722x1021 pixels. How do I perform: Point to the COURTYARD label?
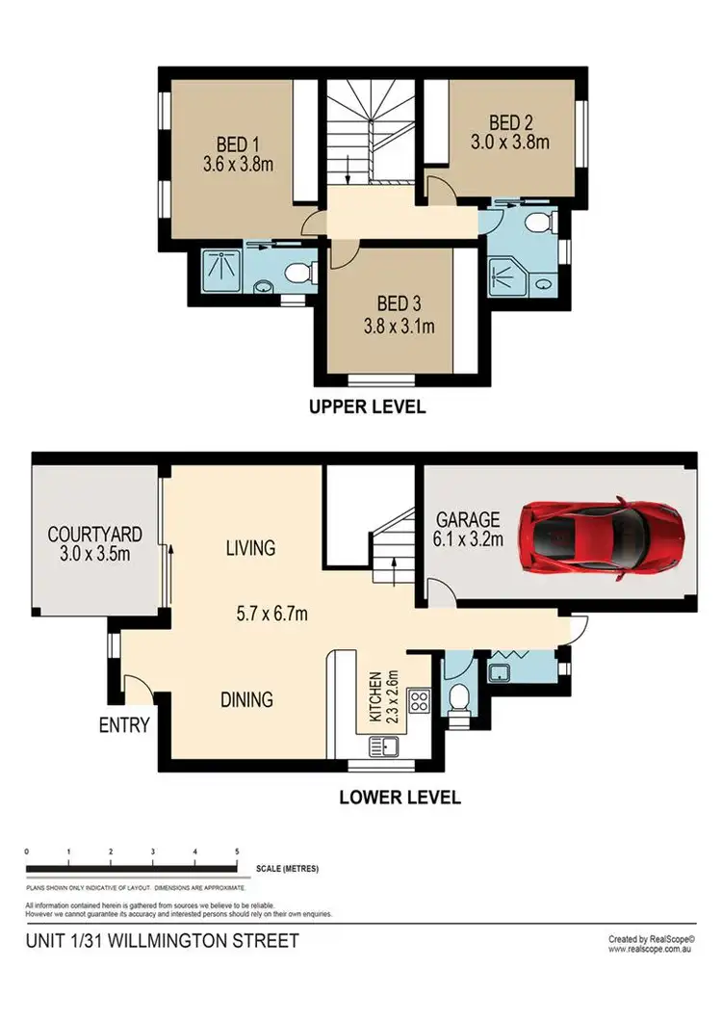point(95,534)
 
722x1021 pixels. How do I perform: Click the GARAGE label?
point(467,516)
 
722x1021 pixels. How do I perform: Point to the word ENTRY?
point(124,725)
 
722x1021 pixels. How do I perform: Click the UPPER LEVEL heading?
point(367,406)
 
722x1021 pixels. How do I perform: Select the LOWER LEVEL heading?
point(400,798)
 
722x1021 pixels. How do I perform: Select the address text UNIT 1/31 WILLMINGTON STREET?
point(162,940)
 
